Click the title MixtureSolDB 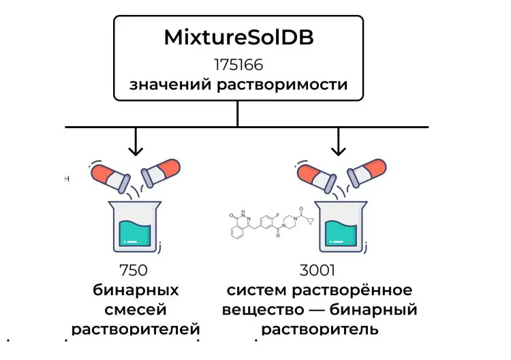click(x=238, y=37)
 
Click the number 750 click(x=135, y=270)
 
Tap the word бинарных click(x=136, y=290)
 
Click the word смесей click(x=136, y=310)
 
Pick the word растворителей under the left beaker click(x=136, y=330)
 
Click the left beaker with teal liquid click(x=136, y=224)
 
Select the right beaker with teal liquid click(x=339, y=224)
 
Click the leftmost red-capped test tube click(x=109, y=177)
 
